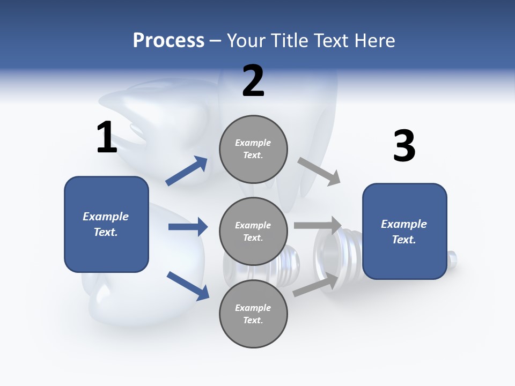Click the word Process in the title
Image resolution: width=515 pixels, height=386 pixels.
(x=168, y=41)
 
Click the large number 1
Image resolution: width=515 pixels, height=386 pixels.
(x=107, y=138)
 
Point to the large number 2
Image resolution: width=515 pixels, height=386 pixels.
(x=253, y=81)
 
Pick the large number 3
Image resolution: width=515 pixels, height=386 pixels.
(x=404, y=146)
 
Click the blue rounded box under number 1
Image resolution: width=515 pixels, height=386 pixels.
(x=106, y=224)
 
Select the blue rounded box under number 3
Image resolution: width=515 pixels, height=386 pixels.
(x=404, y=231)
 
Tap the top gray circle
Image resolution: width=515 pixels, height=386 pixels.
(x=253, y=149)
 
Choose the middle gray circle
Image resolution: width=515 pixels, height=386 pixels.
(x=253, y=231)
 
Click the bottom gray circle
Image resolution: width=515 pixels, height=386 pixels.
(x=253, y=314)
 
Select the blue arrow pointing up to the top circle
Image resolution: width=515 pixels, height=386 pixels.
(x=187, y=171)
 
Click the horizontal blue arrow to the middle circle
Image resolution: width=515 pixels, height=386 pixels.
(x=188, y=227)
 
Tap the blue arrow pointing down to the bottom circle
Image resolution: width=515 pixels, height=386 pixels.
(x=188, y=286)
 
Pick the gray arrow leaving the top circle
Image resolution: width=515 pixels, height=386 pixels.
(x=319, y=172)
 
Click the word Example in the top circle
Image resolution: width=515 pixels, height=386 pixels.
(x=253, y=143)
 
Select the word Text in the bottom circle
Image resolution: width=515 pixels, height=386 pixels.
(x=252, y=320)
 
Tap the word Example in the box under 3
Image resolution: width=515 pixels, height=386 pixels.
(x=404, y=224)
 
